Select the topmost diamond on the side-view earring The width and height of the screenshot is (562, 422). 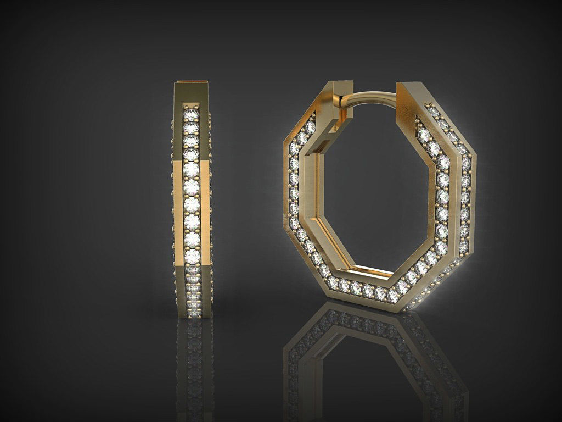(x=190, y=114)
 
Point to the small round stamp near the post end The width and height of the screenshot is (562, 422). (x=404, y=110)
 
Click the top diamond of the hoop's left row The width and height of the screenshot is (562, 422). (x=310, y=127)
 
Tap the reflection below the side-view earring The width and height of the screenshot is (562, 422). (x=194, y=363)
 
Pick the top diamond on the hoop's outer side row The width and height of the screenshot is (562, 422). (x=434, y=113)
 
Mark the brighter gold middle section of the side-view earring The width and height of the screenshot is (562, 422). (x=192, y=209)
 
